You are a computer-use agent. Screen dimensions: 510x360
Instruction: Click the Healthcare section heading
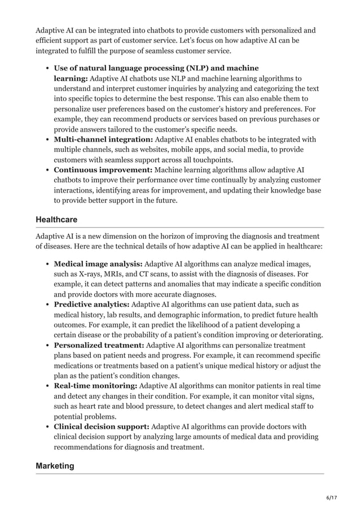[x=56, y=219]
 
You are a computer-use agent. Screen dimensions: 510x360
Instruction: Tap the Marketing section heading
[x=55, y=465]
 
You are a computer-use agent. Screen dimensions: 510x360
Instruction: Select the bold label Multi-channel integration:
[x=103, y=139]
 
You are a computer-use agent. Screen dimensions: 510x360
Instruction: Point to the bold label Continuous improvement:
[x=103, y=169]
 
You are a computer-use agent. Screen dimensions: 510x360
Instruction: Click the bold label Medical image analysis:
[x=98, y=263]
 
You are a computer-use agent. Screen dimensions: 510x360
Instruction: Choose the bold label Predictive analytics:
[x=91, y=304]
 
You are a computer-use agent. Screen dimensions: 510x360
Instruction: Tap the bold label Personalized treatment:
[x=99, y=345]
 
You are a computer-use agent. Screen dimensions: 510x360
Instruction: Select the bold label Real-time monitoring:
[x=95, y=386]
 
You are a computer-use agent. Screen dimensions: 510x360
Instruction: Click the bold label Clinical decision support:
[x=102, y=426]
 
